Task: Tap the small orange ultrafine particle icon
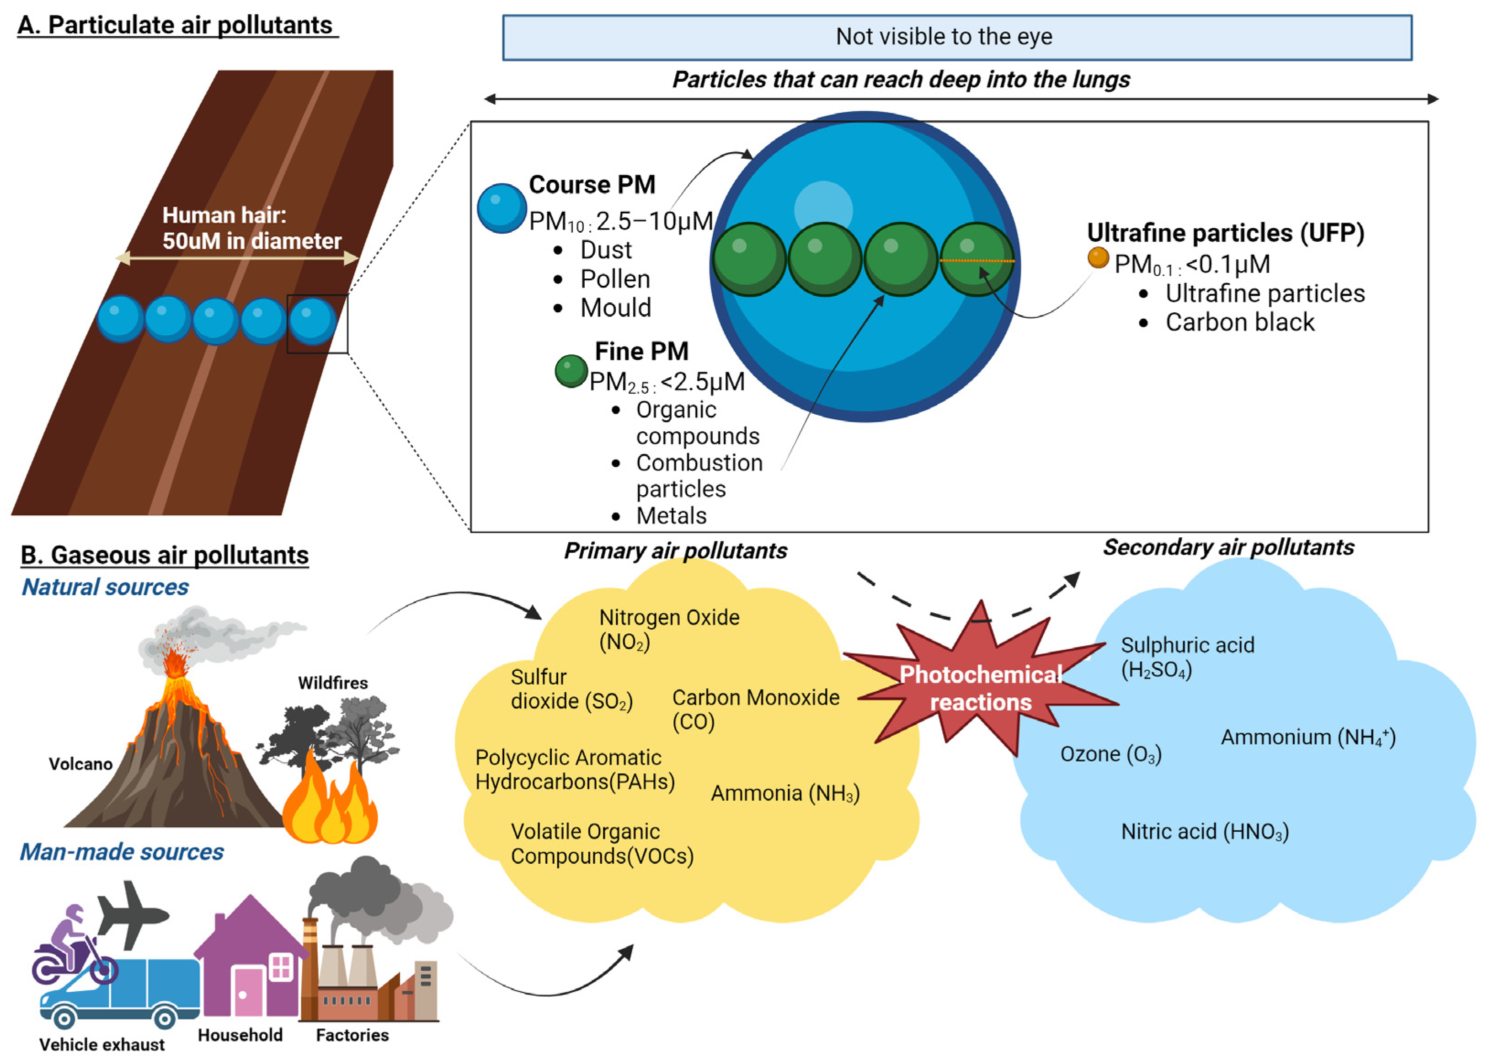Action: (x=1098, y=257)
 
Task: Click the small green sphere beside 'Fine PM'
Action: (x=571, y=371)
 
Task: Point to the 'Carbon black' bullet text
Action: (x=1239, y=322)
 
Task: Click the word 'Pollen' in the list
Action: (x=614, y=279)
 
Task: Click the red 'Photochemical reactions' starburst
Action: (x=981, y=688)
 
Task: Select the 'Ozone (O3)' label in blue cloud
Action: (x=1110, y=754)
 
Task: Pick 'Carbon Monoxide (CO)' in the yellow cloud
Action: (x=755, y=709)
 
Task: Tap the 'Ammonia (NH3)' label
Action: (x=785, y=793)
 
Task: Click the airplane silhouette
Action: (x=133, y=914)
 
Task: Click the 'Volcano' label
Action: (x=80, y=764)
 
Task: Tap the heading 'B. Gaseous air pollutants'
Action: (x=165, y=555)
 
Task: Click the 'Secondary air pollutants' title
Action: (x=1228, y=547)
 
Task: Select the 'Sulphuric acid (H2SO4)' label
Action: (x=1187, y=657)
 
